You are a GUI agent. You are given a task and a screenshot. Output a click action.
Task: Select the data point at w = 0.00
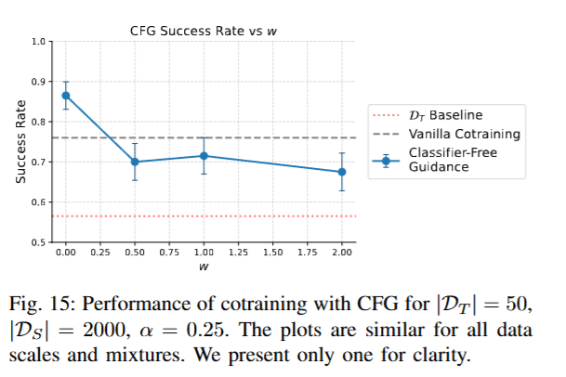point(66,95)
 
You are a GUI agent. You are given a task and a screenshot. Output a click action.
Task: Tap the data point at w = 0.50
point(135,162)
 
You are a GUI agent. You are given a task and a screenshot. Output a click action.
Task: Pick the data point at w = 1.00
point(204,156)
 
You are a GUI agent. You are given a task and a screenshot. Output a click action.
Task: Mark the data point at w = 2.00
point(341,172)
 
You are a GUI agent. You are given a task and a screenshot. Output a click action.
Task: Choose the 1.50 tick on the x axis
point(272,253)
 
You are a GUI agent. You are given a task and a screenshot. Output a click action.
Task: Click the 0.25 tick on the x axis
point(100,253)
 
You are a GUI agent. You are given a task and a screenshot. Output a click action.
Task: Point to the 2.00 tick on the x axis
point(341,253)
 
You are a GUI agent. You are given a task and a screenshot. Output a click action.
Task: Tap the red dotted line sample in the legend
point(385,116)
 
